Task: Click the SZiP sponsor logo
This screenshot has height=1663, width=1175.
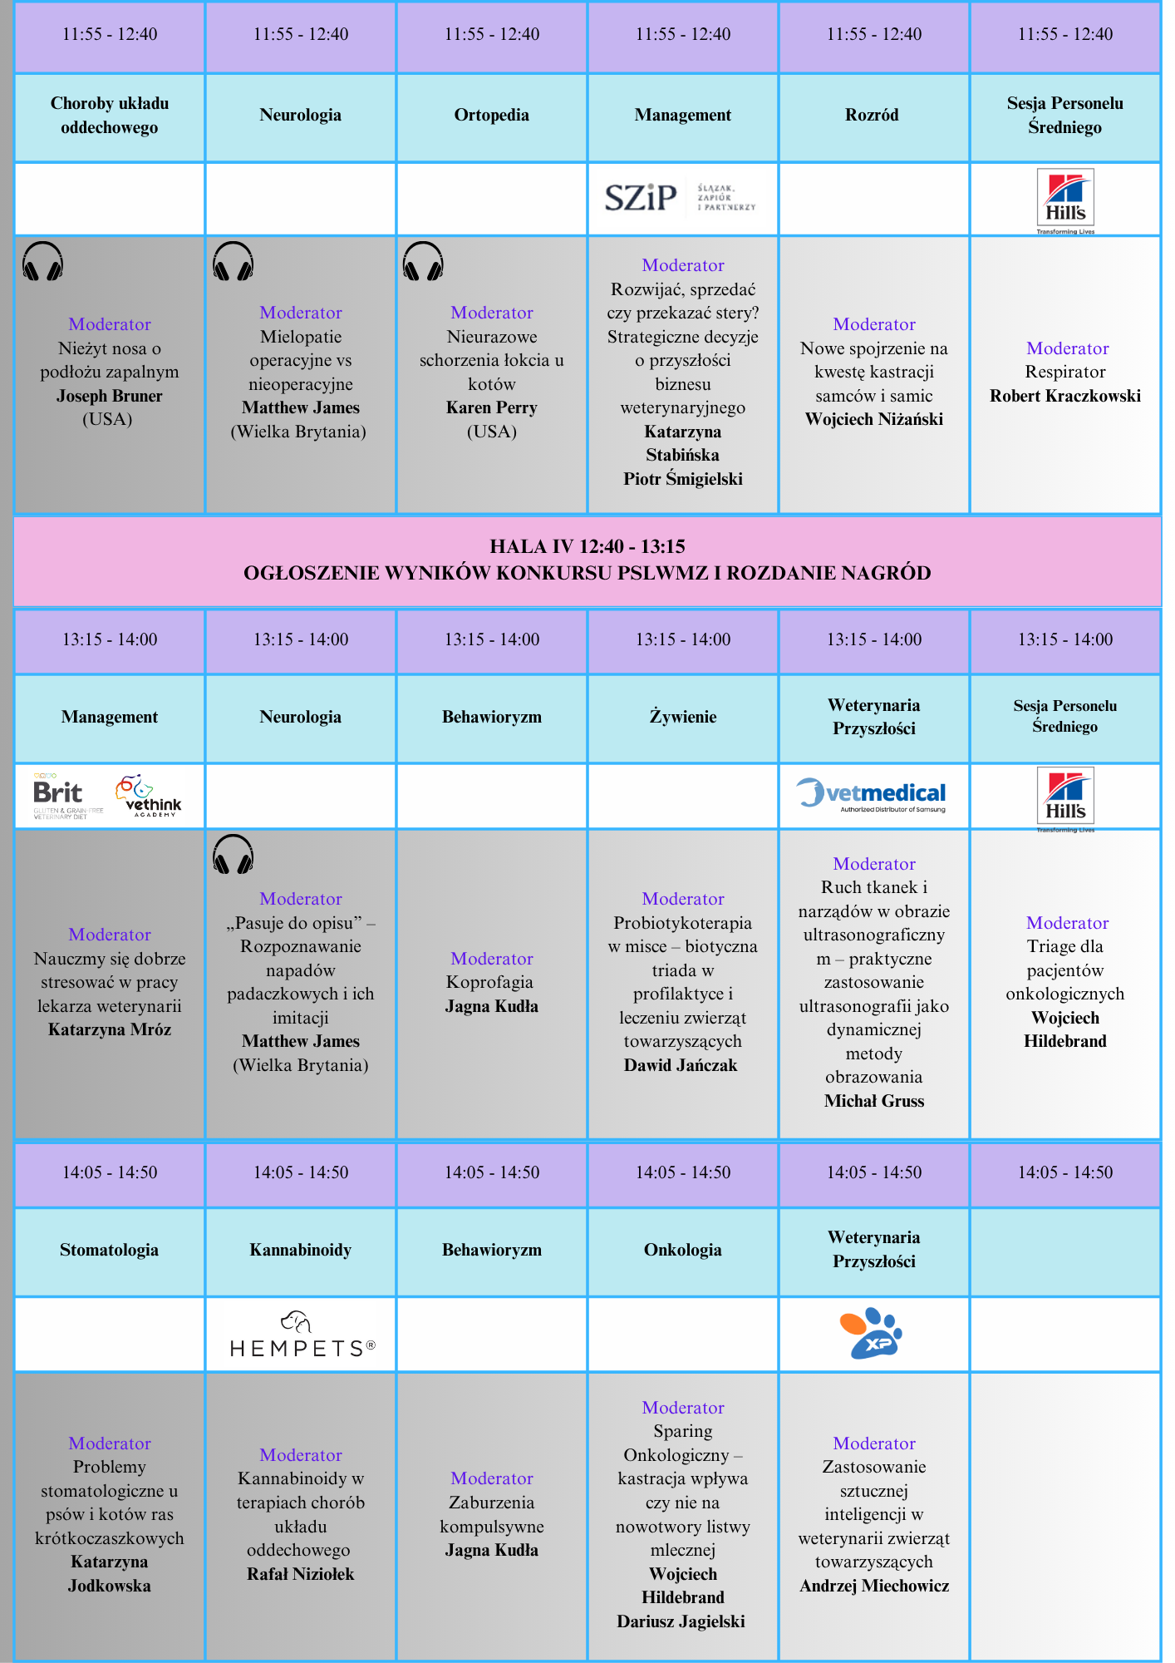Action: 641,198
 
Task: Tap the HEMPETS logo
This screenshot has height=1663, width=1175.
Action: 302,1335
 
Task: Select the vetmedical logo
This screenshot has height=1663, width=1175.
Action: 872,794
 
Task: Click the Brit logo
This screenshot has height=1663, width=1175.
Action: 59,796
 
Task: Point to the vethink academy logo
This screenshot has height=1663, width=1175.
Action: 149,796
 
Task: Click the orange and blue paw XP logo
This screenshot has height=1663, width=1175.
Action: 872,1333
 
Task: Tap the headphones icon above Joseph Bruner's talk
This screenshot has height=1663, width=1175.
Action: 42,262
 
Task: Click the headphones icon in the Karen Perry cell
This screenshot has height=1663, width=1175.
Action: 423,262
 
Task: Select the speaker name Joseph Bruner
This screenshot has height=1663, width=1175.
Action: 110,396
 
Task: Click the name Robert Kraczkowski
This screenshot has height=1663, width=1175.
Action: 1064,396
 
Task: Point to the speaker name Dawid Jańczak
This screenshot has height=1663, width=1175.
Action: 681,1065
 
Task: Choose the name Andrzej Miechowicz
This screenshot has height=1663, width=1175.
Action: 873,1586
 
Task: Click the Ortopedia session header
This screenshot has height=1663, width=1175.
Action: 491,116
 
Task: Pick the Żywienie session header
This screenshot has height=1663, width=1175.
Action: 682,717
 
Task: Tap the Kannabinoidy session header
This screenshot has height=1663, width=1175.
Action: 300,1250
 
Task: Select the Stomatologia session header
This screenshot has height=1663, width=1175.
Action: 109,1250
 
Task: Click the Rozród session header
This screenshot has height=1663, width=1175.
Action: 872,116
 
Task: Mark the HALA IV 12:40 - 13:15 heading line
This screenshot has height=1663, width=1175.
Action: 587,546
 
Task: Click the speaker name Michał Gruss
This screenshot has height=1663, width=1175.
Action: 873,1101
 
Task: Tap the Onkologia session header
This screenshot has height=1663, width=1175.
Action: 682,1250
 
